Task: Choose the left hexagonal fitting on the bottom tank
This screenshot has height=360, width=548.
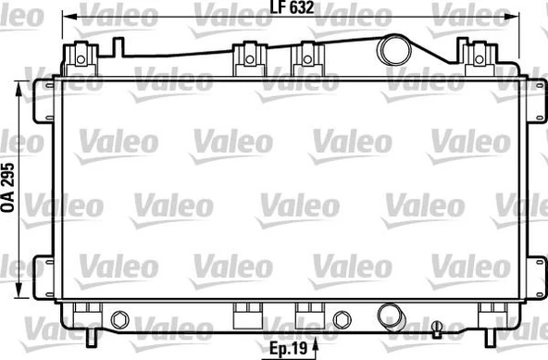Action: pos(118,319)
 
